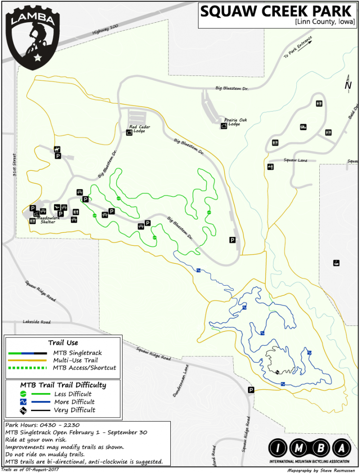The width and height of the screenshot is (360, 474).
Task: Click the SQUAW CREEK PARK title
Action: pyautogui.click(x=277, y=11)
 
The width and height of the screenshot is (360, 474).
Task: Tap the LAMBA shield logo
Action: pyautogui.click(x=33, y=36)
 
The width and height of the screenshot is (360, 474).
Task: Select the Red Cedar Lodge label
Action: pyautogui.click(x=139, y=129)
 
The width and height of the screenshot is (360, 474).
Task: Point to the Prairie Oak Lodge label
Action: pyautogui.click(x=236, y=122)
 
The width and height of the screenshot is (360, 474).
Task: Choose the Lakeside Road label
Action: pyautogui.click(x=37, y=322)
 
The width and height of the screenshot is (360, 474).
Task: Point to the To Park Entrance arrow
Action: pyautogui.click(x=298, y=47)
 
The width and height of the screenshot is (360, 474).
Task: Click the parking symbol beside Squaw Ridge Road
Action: pyautogui.click(x=251, y=390)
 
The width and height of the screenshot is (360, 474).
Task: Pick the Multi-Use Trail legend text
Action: pyautogui.click(x=75, y=360)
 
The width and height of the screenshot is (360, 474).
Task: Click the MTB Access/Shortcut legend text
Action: pyautogui.click(x=85, y=368)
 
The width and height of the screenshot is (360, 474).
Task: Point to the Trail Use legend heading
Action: pyautogui.click(x=63, y=343)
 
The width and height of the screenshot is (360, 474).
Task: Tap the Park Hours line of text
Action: pyautogui.click(x=42, y=425)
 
